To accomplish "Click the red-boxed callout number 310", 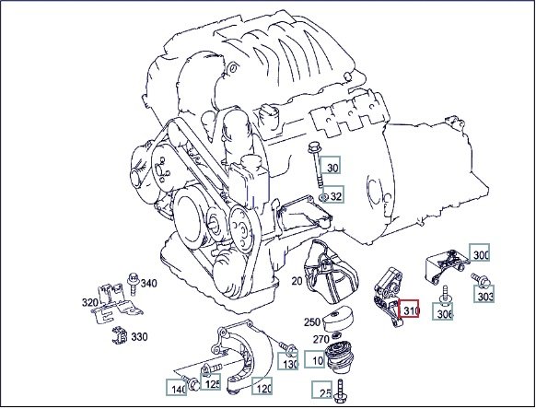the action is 409,310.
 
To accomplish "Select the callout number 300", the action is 480,253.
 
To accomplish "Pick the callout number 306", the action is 443,312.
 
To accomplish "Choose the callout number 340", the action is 149,284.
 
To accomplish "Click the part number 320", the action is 90,302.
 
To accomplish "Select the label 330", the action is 139,337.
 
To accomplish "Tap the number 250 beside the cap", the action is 312,322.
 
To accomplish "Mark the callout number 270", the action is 321,340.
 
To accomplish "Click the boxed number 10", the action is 315,359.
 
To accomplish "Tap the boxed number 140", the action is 177,388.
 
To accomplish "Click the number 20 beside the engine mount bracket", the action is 297,281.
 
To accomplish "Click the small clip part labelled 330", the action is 120,335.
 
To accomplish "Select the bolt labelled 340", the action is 133,284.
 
